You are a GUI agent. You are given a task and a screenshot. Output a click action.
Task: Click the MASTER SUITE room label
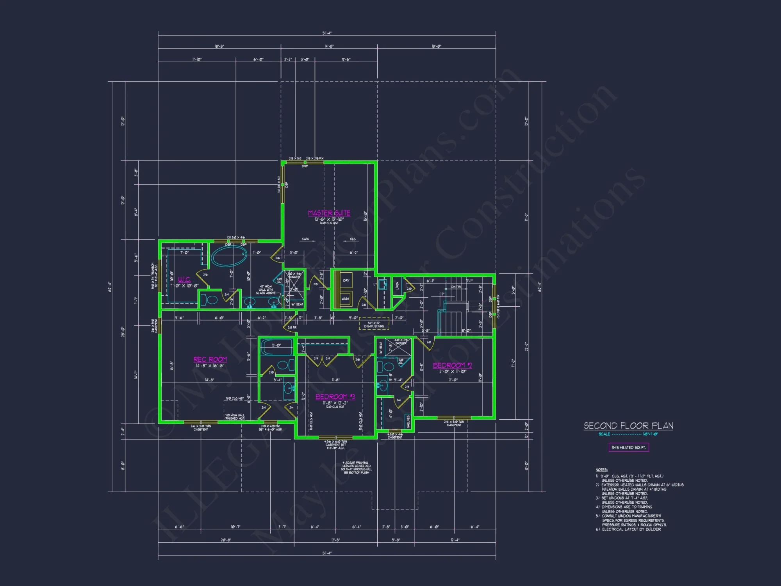click(x=329, y=213)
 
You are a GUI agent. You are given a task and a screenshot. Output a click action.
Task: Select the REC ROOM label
click(x=210, y=359)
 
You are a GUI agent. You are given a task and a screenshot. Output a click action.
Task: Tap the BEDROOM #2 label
click(x=452, y=365)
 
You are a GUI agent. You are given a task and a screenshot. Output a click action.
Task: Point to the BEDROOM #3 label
click(x=335, y=397)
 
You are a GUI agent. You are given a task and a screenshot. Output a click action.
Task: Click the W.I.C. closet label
click(x=184, y=279)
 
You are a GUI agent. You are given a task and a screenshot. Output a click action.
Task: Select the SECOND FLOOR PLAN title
click(x=628, y=425)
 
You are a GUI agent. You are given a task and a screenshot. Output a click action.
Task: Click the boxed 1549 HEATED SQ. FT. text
click(x=629, y=447)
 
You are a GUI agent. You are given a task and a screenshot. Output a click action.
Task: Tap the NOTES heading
click(x=601, y=470)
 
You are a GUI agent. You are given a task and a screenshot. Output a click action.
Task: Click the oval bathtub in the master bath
click(x=229, y=256)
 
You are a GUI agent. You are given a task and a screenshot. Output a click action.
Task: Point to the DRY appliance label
click(x=346, y=280)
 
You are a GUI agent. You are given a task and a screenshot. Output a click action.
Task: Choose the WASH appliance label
click(x=345, y=299)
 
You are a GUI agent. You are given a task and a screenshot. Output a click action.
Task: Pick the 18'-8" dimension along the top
click(x=219, y=46)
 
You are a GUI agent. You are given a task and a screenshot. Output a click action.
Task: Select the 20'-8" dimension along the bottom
click(x=226, y=540)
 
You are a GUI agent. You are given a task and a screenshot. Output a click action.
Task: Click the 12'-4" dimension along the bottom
click(x=455, y=540)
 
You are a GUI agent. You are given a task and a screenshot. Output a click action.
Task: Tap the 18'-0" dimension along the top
click(x=436, y=46)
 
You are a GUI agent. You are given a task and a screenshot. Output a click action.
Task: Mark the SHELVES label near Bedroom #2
click(x=408, y=421)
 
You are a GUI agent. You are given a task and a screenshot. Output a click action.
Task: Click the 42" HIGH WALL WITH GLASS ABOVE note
click(x=266, y=289)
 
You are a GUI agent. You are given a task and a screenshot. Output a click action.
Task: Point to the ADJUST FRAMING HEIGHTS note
click(x=356, y=468)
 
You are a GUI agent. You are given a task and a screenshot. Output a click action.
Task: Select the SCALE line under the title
click(x=628, y=434)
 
